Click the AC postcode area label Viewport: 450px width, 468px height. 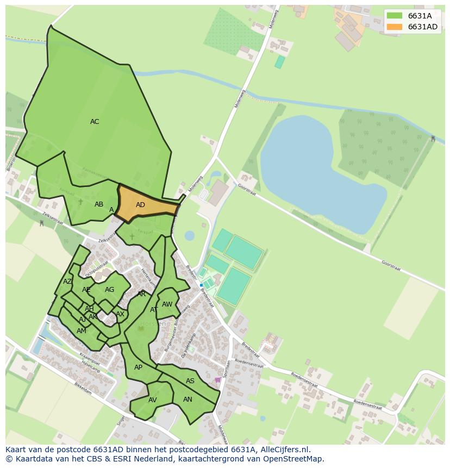pos(95,122)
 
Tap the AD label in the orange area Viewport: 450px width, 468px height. pos(140,205)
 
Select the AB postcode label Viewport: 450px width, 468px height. pos(99,204)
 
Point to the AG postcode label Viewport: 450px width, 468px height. pos(109,290)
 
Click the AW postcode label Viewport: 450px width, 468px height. pos(167,304)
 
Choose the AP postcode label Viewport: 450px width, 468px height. pos(138,367)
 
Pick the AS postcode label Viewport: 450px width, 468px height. pos(190,381)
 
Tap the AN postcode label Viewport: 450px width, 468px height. pos(187,399)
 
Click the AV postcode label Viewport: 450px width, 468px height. pos(152,400)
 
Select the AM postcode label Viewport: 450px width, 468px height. pos(82,331)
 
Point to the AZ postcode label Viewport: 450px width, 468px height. pos(67,282)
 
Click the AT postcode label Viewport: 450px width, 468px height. pos(154,310)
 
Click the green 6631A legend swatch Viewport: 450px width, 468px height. pos(395,16)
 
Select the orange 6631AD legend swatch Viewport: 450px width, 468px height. pos(395,27)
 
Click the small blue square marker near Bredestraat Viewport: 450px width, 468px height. pos(201,285)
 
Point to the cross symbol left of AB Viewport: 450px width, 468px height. pos(80,202)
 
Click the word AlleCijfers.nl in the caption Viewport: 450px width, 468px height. pos(283,450)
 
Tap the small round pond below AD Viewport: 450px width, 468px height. pos(189,235)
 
